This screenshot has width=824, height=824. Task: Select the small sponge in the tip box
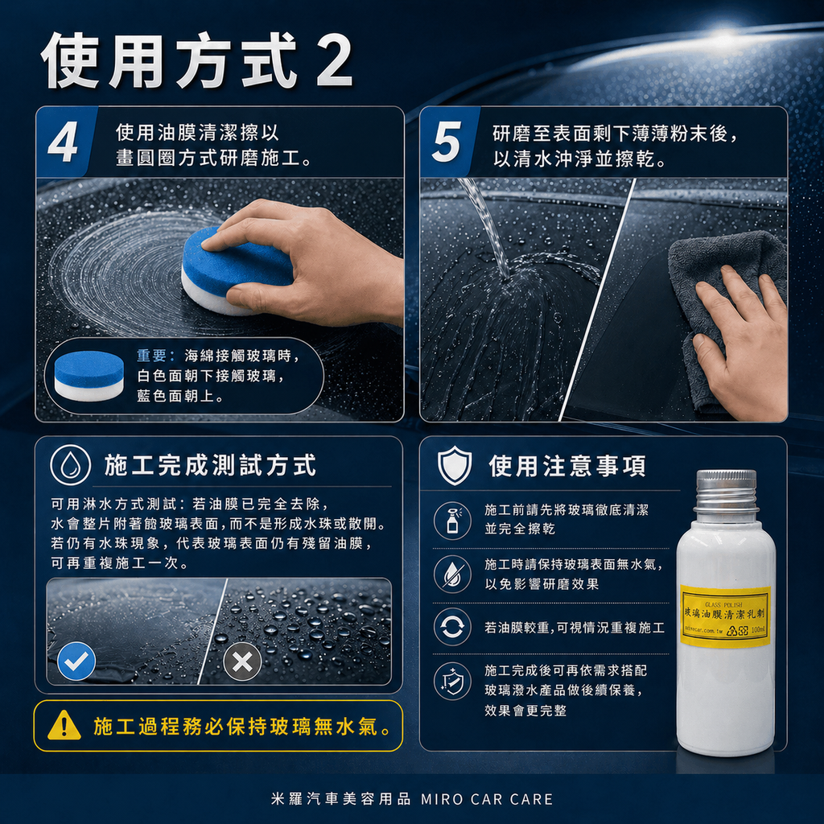click(x=89, y=376)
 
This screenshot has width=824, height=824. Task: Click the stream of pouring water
click(x=487, y=225)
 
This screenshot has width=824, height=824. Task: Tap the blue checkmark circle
click(x=77, y=661)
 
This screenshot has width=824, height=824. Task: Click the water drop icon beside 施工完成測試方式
click(x=71, y=465)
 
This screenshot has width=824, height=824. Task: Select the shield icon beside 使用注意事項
click(x=454, y=466)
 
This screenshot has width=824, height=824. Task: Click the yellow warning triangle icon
click(x=64, y=726)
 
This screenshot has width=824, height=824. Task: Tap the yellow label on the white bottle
click(x=724, y=616)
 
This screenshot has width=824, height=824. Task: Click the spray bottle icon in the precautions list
click(x=452, y=520)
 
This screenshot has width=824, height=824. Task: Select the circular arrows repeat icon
click(x=452, y=627)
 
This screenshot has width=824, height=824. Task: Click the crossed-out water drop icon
click(x=452, y=574)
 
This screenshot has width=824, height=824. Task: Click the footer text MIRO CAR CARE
click(x=488, y=799)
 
